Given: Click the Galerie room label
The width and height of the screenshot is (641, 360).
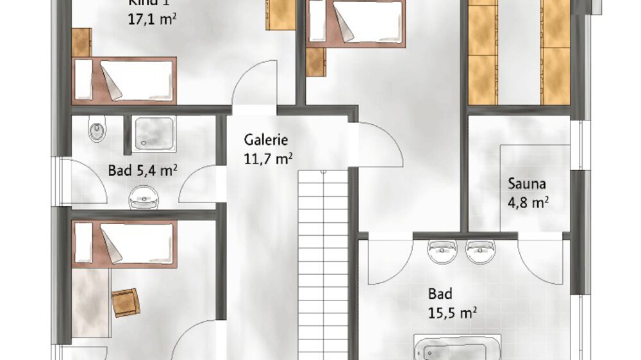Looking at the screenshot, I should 266,140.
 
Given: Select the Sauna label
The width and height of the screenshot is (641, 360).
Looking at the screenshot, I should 527,184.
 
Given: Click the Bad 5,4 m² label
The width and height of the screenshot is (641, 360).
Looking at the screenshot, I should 142,170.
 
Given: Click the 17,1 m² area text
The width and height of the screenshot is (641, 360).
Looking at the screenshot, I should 152,19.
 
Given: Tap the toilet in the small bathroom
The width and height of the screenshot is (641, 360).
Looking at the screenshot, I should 97,131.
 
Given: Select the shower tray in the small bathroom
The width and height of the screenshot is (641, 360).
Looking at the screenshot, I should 153,134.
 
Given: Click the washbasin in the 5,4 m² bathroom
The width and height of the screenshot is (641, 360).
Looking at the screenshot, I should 142,198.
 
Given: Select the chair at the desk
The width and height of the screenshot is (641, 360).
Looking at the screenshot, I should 126,302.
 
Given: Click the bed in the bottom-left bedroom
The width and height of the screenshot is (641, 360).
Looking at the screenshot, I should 124,243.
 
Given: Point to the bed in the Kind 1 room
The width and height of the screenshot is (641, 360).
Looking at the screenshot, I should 124,80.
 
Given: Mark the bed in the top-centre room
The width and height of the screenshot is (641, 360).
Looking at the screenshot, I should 356,22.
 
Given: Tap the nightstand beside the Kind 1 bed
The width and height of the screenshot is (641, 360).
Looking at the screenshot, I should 81,42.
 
